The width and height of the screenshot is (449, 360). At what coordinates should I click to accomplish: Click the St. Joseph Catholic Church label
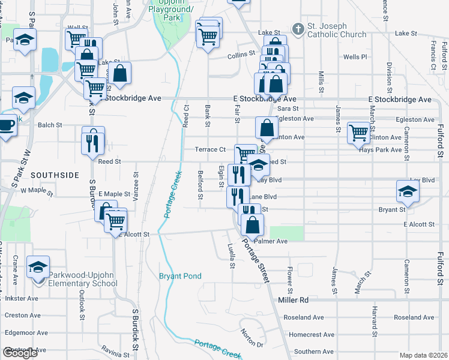pos(336,30)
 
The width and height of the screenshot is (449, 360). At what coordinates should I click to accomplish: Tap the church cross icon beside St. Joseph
pos(297,29)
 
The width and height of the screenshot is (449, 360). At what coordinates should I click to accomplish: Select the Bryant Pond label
pos(180,276)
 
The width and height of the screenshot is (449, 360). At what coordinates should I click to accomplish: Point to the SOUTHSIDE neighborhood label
pos(55,175)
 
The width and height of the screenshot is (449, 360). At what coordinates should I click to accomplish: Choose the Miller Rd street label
pos(293,299)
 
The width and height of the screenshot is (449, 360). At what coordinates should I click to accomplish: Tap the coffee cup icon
pos(6,125)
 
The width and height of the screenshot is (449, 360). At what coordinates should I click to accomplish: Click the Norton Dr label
pos(252,340)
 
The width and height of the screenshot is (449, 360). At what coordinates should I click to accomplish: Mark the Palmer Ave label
pos(271,241)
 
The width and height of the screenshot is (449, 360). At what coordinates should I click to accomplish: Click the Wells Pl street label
pos(355,57)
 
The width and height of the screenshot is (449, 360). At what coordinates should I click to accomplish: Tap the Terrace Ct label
pos(210,149)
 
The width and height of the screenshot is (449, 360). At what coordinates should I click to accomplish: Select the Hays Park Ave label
pos(380,150)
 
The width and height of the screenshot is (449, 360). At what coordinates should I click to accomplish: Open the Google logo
pos(20,353)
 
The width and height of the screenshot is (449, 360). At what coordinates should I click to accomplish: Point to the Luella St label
pos(231,256)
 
